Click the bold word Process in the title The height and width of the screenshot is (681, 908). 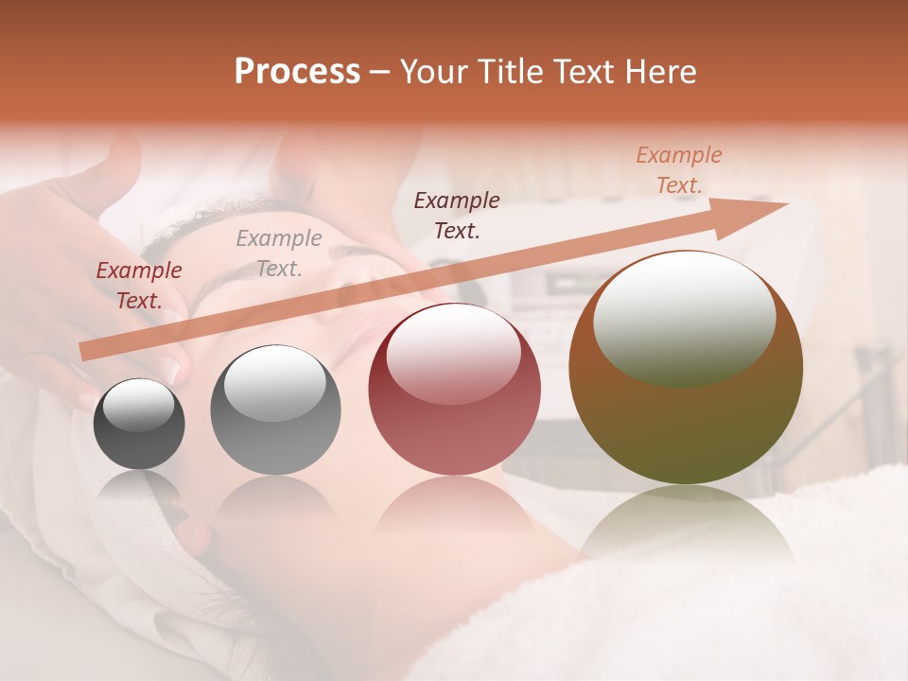click(297, 72)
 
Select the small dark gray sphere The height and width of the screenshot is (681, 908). click(139, 424)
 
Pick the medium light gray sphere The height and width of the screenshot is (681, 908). click(275, 410)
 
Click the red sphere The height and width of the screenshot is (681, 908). click(454, 389)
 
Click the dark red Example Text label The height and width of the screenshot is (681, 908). click(139, 286)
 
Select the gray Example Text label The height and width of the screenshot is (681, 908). click(279, 253)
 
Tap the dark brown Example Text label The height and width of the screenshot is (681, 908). click(457, 215)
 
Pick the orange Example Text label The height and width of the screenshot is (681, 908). click(678, 170)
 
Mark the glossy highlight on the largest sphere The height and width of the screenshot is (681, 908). click(684, 320)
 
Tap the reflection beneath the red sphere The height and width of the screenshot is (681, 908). click(454, 506)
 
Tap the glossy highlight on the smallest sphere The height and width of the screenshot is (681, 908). click(138, 408)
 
